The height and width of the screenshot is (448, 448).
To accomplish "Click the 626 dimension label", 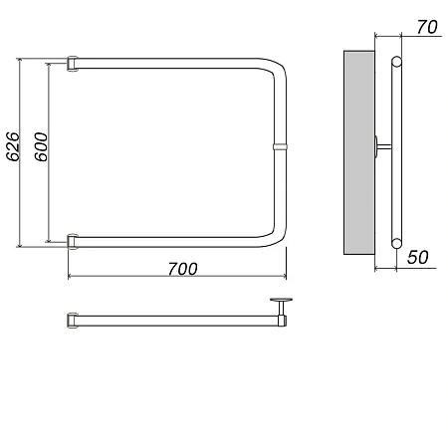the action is point(13,146).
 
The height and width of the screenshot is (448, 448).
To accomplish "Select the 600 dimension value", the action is point(41,147).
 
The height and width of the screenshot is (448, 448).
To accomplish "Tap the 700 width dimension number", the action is point(182,269).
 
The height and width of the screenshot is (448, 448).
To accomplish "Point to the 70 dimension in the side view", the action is point(427,27).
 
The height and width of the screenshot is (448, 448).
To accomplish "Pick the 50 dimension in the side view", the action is point(418,257).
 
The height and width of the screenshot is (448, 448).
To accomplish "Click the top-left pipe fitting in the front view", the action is point(73,64).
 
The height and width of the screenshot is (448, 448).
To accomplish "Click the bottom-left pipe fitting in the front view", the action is point(73,242).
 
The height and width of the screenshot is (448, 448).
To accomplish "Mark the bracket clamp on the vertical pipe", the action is point(280,146).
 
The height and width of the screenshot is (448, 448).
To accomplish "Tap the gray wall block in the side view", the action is point(359,152).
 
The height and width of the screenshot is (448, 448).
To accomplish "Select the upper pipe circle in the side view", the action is point(396,62).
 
